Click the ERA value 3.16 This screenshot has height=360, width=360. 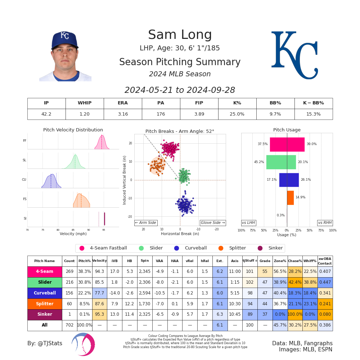tap(123, 114)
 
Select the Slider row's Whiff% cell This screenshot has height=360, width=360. tap(310, 283)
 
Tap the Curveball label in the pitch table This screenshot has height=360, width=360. tap(45, 293)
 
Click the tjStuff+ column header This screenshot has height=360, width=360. tap(250, 261)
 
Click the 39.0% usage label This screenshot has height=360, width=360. tap(311, 144)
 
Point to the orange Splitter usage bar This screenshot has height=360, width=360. tap(290, 198)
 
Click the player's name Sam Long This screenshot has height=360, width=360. tap(180, 35)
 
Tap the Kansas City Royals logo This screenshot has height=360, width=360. tap(294, 55)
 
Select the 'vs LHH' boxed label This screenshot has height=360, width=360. tap(248, 223)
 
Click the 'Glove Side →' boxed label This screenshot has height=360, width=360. tap(213, 223)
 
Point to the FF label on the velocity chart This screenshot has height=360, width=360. tap(24, 141)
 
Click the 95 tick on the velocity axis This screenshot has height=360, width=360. tap(104, 230)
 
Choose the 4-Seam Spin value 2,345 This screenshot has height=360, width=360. tap(145, 272)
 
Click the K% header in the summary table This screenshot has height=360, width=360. tap(237, 103)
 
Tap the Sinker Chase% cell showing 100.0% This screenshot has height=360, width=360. tap(295, 315)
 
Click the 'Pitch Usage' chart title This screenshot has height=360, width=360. tap(287, 130)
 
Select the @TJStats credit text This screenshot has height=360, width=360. tap(45, 343)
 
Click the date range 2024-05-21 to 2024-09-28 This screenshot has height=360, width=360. tap(180, 90)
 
